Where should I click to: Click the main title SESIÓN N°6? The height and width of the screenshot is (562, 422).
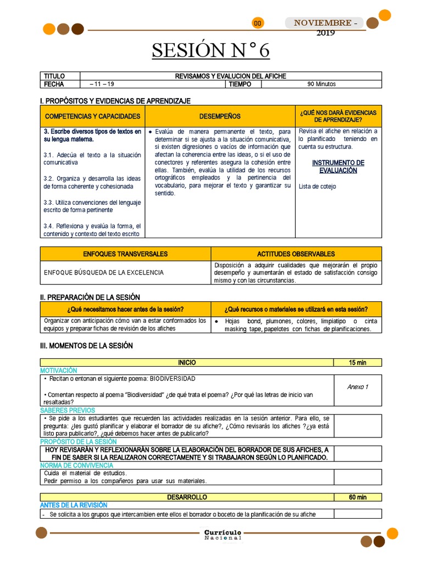(211, 50)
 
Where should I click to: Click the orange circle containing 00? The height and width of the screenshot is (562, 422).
(258, 23)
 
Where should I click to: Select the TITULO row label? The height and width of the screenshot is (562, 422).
(54, 76)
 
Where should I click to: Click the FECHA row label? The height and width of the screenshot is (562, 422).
(54, 84)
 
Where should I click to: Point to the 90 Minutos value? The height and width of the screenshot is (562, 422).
(321, 84)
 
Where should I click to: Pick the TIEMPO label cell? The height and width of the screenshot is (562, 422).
(240, 84)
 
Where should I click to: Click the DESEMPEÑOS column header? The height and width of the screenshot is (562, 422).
(220, 116)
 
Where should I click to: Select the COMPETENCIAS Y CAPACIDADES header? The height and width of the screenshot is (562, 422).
(92, 116)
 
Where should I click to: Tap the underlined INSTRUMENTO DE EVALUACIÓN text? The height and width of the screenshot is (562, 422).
(338, 166)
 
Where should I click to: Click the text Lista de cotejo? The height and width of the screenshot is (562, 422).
(318, 187)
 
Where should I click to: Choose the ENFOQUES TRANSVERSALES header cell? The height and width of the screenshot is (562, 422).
(125, 254)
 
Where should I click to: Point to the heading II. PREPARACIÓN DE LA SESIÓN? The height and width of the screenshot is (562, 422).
(90, 297)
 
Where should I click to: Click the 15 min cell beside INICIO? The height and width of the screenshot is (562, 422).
(357, 363)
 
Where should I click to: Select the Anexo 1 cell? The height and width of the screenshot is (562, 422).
(358, 387)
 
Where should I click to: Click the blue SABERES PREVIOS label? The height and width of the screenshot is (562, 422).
(68, 410)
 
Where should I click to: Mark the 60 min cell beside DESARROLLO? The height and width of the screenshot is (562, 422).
(357, 497)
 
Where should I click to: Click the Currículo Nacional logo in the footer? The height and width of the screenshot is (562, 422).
(223, 535)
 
